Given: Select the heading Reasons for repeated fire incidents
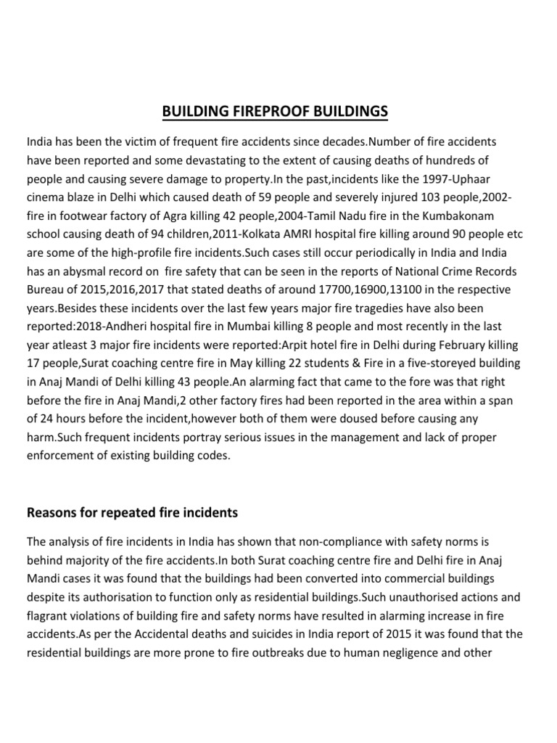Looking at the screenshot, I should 132,513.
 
